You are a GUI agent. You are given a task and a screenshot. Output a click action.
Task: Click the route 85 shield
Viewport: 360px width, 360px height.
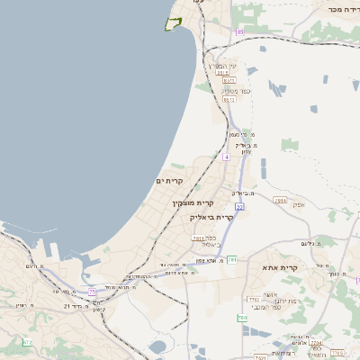[240, 32]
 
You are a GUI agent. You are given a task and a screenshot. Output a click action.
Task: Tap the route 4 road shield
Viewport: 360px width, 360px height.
[227, 157]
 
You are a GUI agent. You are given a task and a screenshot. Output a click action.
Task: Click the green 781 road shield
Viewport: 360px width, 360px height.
[231, 260]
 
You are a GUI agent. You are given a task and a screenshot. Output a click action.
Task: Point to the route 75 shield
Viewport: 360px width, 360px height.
[92, 291]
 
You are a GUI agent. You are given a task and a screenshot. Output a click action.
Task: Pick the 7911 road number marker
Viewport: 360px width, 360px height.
[198, 238]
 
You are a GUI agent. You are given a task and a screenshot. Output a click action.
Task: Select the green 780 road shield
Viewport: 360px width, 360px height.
[242, 318]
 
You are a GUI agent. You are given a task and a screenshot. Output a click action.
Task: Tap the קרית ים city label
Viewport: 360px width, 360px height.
[169, 181]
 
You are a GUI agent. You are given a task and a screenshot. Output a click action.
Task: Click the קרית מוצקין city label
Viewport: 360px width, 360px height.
[192, 203]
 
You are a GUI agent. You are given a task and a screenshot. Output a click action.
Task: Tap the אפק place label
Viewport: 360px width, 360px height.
[299, 204]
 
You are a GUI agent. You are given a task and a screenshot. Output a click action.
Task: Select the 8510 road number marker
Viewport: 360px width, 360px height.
[228, 81]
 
